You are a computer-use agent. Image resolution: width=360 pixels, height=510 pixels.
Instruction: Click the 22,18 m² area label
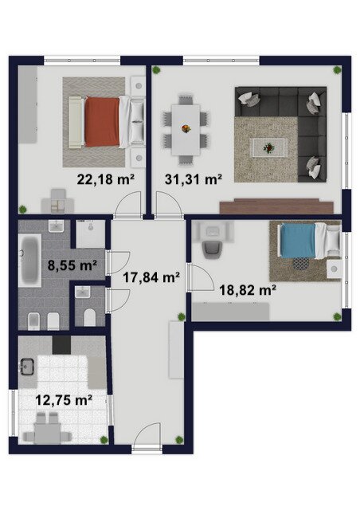(106, 179)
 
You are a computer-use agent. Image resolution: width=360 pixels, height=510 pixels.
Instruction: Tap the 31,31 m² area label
(194, 179)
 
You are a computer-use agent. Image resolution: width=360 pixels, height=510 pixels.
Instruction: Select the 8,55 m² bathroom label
(72, 265)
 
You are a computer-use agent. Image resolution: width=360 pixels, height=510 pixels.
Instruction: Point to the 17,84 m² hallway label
(151, 277)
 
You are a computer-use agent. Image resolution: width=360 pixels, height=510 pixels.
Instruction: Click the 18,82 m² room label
(248, 289)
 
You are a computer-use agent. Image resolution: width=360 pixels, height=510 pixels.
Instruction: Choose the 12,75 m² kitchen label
(64, 400)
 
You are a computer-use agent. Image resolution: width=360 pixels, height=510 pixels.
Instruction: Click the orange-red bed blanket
(102, 122)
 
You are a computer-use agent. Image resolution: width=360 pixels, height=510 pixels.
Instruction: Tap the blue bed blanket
(298, 241)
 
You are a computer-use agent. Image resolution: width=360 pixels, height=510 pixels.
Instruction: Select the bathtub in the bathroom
(29, 261)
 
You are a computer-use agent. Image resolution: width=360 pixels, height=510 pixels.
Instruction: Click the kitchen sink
(27, 367)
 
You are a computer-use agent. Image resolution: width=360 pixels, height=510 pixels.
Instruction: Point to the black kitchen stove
(61, 345)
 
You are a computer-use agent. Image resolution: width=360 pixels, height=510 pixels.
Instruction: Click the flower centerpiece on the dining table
(186, 129)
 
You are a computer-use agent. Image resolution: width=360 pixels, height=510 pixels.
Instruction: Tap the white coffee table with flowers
(268, 148)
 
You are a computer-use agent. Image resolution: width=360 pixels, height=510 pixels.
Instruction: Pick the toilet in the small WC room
(90, 317)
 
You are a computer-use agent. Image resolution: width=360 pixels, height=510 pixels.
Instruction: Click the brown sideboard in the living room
(276, 206)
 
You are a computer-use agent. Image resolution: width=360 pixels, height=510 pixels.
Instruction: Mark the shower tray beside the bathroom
(91, 234)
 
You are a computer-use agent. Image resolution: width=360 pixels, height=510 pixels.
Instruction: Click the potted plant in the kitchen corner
(104, 440)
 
